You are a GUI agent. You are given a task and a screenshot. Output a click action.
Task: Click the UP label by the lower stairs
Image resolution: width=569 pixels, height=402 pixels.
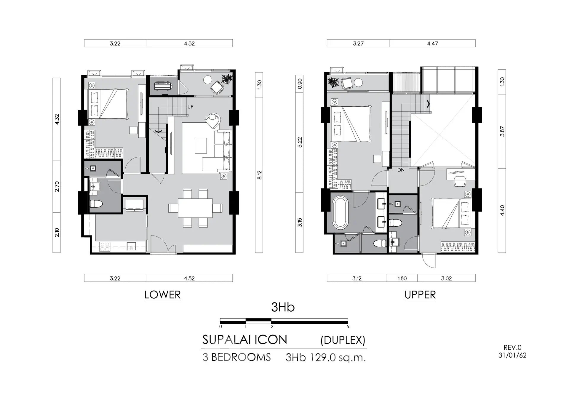tap(190, 107)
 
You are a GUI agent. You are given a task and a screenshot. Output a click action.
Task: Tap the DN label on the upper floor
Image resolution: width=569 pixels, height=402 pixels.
tap(401, 170)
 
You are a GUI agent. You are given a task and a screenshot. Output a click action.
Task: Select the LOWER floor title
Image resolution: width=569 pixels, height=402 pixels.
tap(162, 295)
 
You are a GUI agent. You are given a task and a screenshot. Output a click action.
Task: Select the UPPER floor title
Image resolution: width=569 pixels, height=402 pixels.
tap(420, 295)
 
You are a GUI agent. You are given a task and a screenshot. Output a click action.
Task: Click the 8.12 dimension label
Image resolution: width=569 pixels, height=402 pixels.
tap(260, 175)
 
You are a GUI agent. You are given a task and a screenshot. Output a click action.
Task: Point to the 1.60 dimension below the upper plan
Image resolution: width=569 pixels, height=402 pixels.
tap(402, 278)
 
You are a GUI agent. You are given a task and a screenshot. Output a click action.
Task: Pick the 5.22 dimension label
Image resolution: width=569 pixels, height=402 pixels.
tap(300, 142)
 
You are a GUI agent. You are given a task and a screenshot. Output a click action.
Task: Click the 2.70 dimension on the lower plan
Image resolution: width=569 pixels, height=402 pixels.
tap(57, 187)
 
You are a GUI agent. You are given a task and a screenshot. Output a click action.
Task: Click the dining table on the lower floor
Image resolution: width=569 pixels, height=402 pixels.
tap(195, 208)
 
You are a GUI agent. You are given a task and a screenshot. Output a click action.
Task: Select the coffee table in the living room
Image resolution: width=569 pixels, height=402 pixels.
tap(201, 145)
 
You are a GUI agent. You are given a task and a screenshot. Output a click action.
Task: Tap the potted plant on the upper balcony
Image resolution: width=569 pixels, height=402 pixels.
tap(333, 82)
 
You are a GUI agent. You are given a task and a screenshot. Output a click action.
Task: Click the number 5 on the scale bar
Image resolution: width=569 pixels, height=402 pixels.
tap(348, 327)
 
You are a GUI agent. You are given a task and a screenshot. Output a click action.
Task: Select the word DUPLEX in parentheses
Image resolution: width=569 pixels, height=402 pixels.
tap(343, 340)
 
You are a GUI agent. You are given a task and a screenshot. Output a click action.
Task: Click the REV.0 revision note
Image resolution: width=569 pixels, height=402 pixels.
tap(512, 348)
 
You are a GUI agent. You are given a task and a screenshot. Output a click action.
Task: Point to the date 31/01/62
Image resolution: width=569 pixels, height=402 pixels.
tap(512, 355)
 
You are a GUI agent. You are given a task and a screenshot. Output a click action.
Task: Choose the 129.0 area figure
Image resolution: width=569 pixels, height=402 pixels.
tap(323, 358)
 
